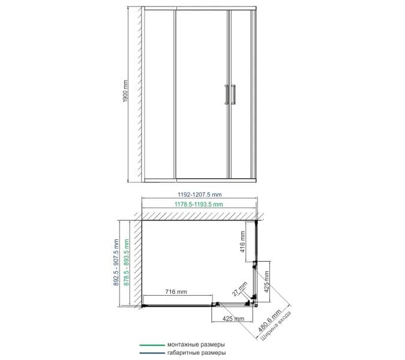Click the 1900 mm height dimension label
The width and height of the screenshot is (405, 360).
click(125, 91)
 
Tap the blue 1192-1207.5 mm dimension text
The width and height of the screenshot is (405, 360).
click(200, 194)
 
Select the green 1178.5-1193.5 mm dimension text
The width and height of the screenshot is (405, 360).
click(199, 204)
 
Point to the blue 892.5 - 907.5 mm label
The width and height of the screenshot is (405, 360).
click(116, 262)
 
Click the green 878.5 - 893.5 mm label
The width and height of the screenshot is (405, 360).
click(127, 262)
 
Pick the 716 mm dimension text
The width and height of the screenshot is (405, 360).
click(176, 292)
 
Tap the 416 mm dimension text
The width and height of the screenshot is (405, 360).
click(242, 242)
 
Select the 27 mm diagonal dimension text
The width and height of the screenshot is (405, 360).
click(239, 289)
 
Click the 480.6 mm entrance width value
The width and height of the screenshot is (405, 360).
click(269, 320)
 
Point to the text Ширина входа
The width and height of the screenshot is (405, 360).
click(277, 325)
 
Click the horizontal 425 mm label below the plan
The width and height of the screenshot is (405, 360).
click(233, 319)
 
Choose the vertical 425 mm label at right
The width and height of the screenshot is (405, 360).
click(266, 281)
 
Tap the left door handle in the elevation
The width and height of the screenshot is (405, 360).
click(227, 95)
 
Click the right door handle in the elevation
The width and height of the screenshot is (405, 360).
click(233, 95)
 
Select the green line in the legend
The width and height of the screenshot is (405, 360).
click(152, 345)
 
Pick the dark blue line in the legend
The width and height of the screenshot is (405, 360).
click(152, 353)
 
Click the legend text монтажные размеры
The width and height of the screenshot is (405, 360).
click(196, 344)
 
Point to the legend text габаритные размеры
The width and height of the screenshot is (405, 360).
click(197, 353)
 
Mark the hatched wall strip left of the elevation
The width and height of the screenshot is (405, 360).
click(139, 94)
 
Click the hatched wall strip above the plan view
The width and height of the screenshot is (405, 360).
click(199, 217)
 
